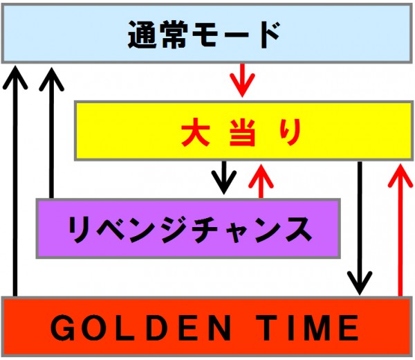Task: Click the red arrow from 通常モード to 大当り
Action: pyautogui.click(x=242, y=80)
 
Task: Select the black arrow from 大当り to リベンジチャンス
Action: pyautogui.click(x=224, y=177)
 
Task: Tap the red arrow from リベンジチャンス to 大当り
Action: pyautogui.click(x=261, y=181)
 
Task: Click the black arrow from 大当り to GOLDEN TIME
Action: pyautogui.click(x=360, y=228)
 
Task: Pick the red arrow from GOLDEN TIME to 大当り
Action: pyautogui.click(x=400, y=230)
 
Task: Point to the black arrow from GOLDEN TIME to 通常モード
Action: pyautogui.click(x=15, y=181)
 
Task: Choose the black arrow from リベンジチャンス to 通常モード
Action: pyautogui.click(x=52, y=133)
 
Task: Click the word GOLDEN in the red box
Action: pyautogui.click(x=140, y=327)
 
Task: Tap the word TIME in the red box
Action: pyautogui.click(x=307, y=327)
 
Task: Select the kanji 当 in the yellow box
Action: pyautogui.click(x=243, y=132)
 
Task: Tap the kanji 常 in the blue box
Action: pyautogui.click(x=175, y=35)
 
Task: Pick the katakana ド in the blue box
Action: pyautogui.click(x=270, y=35)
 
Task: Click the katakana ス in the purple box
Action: pyautogui.click(x=299, y=228)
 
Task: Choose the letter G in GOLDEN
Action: pyautogui.click(x=62, y=328)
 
